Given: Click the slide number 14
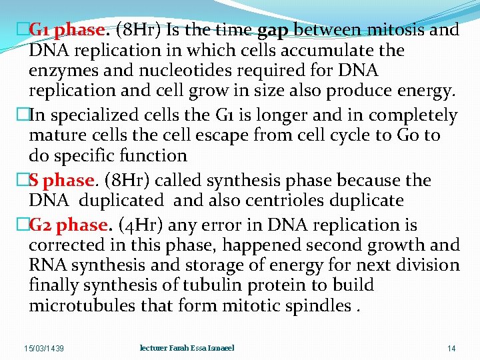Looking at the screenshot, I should tap(451, 349).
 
